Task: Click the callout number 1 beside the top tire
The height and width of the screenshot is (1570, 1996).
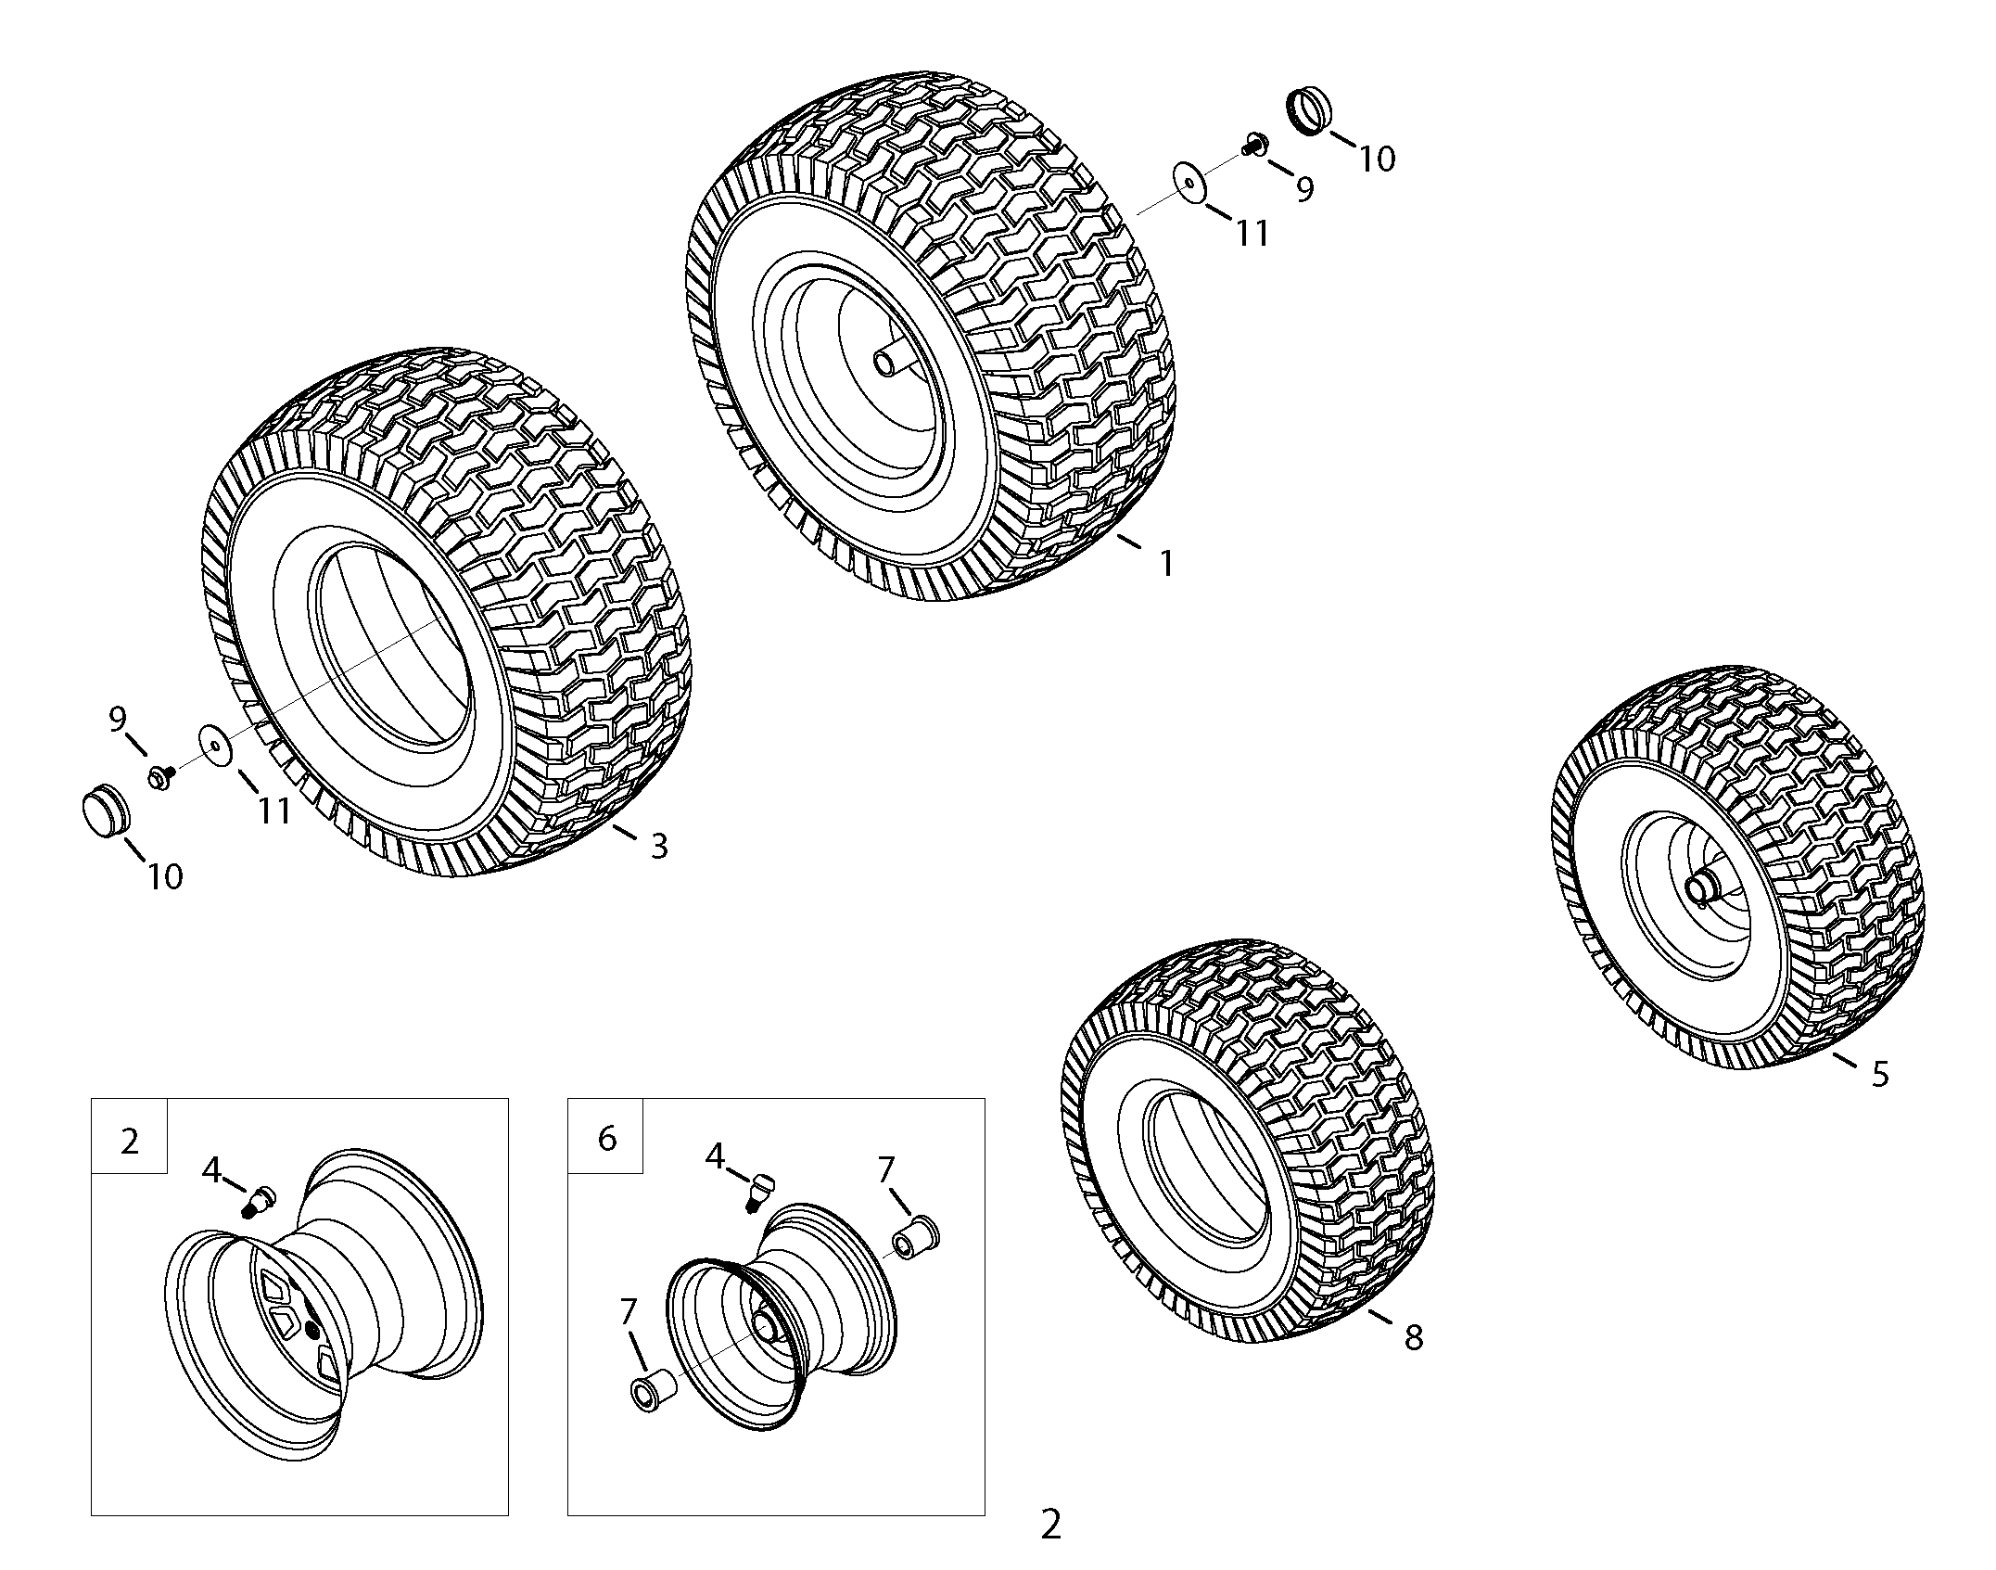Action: point(1166,563)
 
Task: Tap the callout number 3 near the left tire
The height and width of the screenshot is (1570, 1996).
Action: point(658,846)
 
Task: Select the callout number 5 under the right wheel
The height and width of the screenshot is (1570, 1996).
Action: point(1879,1074)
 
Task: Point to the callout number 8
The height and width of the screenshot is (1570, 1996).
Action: point(1413,1337)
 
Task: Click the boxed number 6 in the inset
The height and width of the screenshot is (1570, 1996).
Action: point(607,1138)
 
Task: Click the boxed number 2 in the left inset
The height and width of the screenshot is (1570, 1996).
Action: point(130,1141)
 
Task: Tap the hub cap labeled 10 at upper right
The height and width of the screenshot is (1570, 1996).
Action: point(1308,112)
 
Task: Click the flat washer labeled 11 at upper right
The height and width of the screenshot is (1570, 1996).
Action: point(1188,182)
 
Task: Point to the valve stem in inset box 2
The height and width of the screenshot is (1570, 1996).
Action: point(254,1200)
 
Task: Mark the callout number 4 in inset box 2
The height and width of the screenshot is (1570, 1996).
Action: point(212,1171)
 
